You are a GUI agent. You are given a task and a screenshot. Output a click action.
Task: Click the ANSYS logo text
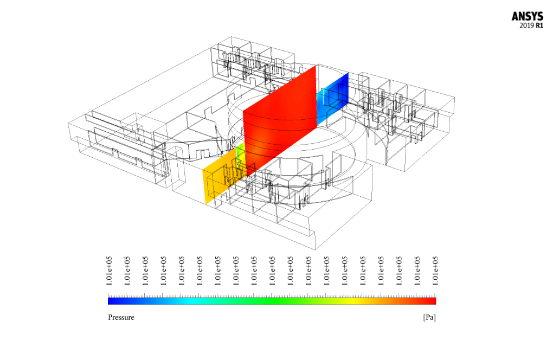[528, 17]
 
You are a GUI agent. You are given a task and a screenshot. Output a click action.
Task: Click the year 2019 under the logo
[527, 25]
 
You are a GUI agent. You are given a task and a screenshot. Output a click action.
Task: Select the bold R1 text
[539, 25]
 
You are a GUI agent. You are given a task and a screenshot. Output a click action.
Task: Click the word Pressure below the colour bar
[121, 317]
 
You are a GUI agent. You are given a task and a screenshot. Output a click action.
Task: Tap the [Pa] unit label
[429, 317]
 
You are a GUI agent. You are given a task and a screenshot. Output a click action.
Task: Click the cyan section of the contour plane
[321, 106]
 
